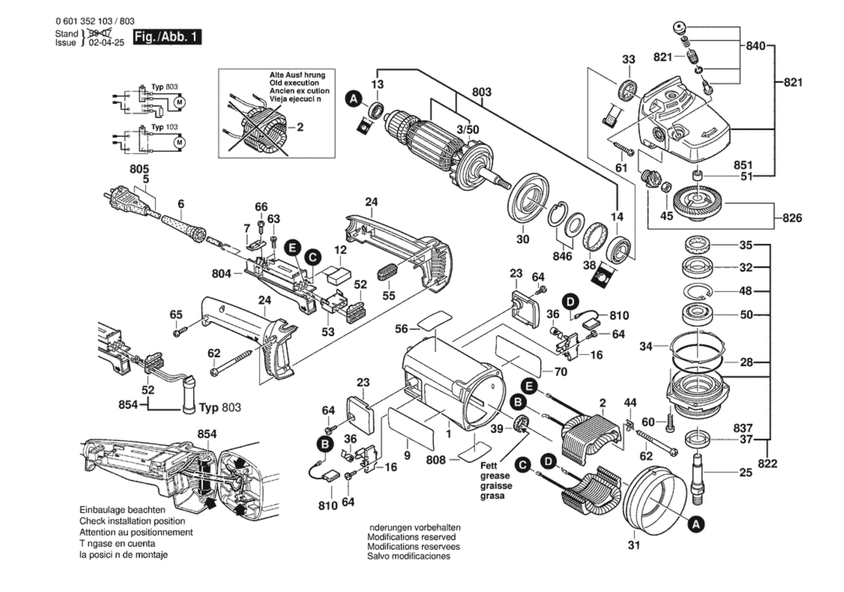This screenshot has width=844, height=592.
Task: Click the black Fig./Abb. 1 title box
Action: pyautogui.click(x=167, y=37)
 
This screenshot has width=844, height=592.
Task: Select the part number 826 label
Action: pyautogui.click(x=792, y=218)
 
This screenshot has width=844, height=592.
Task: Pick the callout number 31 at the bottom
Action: pyautogui.click(x=634, y=545)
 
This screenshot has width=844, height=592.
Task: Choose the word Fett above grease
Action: pyautogui.click(x=489, y=466)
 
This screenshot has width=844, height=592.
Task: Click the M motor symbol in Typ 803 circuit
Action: pyautogui.click(x=180, y=102)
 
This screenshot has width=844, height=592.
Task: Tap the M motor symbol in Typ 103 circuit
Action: pyautogui.click(x=180, y=143)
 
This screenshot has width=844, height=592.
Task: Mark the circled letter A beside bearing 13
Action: pyautogui.click(x=354, y=99)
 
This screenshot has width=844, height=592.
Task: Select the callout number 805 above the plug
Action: pyautogui.click(x=139, y=169)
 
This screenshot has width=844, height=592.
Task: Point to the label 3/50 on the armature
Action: pyautogui.click(x=468, y=129)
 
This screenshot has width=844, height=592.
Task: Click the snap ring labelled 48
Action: pyautogui.click(x=697, y=291)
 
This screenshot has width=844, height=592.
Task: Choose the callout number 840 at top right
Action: pyautogui.click(x=755, y=46)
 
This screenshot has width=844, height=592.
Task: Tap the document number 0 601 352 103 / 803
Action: pyautogui.click(x=95, y=21)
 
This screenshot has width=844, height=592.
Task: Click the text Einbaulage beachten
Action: pyautogui.click(x=122, y=510)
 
